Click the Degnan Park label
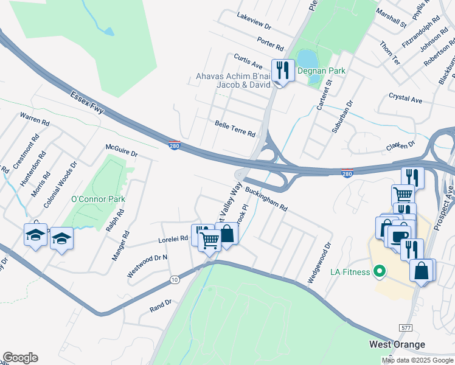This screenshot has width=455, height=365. (x=321, y=71)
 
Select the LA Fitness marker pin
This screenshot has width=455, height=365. (x=380, y=271)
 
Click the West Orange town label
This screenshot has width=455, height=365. (x=397, y=344)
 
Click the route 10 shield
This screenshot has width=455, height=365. (x=175, y=279)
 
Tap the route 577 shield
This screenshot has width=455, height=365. (x=405, y=327)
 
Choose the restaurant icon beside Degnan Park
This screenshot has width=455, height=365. (x=282, y=71)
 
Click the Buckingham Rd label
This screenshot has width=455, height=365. (x=266, y=198)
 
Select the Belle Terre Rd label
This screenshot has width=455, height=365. (x=235, y=128)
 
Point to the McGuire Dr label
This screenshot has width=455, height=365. (x=122, y=150)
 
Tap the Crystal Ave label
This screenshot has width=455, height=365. (x=405, y=99)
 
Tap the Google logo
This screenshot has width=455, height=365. (x=20, y=357)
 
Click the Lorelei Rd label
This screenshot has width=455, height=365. (x=173, y=239)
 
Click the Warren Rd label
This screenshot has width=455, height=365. (x=33, y=118)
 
